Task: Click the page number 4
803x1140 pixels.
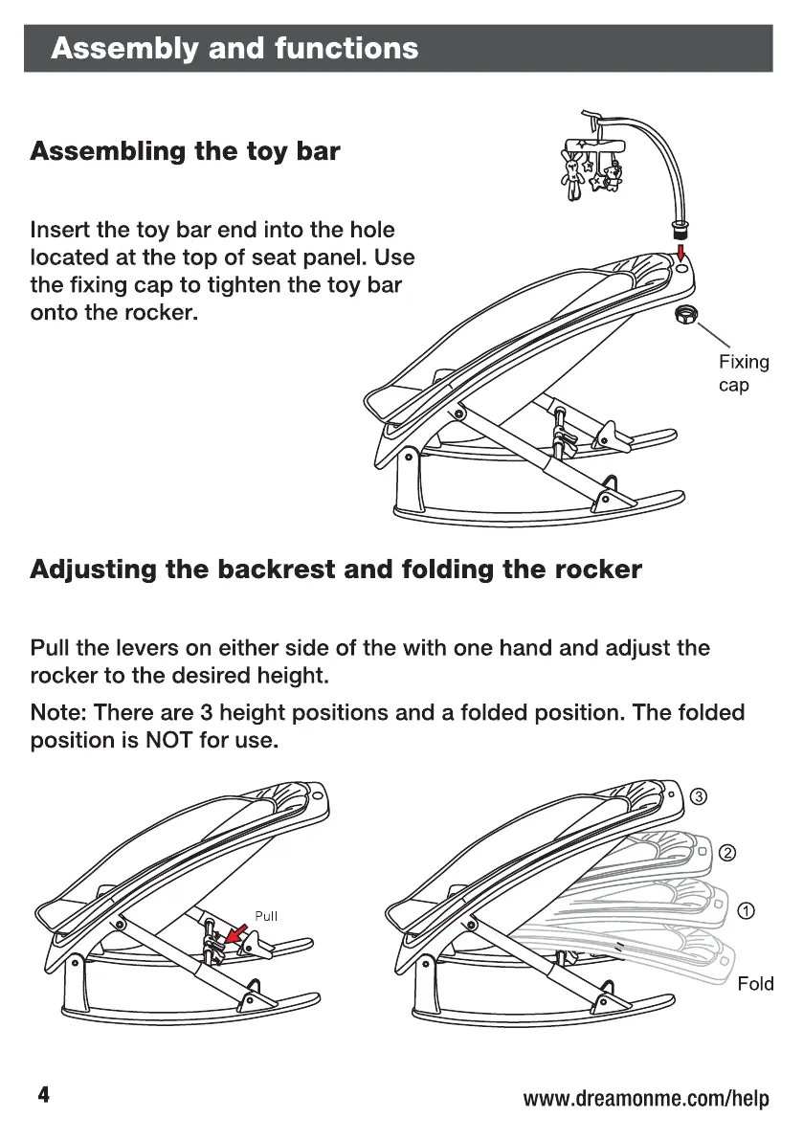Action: [43, 1095]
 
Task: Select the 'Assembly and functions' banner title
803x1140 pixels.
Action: [234, 48]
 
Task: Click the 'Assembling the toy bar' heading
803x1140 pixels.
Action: [185, 151]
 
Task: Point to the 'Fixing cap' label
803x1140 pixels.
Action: [743, 373]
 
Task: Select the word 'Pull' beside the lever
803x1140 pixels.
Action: [266, 916]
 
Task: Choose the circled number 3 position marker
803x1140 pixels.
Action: [700, 797]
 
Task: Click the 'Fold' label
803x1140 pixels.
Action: [755, 984]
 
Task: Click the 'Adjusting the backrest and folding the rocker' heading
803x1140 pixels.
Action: [336, 570]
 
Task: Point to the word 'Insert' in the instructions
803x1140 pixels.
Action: [60, 231]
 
